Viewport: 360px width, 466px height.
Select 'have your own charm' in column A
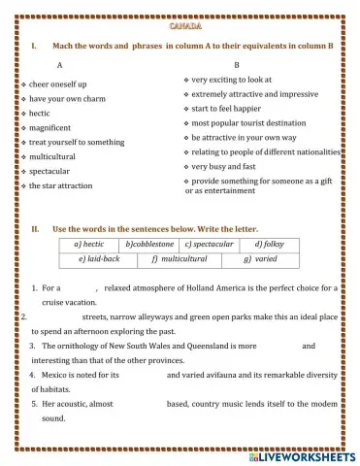tap(66, 99)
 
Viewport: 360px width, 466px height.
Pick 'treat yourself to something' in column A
tap(77, 142)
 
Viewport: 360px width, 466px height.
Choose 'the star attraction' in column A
tap(61, 185)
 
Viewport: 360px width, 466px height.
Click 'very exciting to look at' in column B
tap(232, 79)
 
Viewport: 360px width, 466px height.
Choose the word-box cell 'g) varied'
tap(260, 260)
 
